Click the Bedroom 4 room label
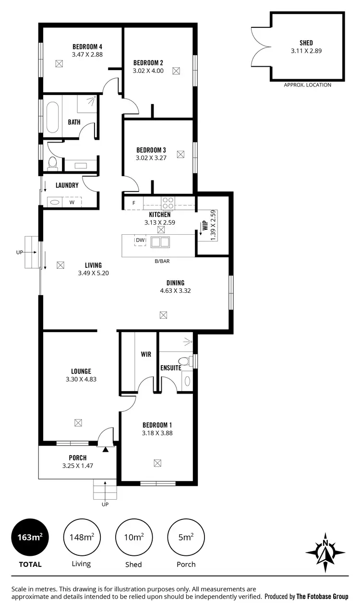click(87, 47)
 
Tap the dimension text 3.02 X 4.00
click(148, 71)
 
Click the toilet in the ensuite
click(184, 361)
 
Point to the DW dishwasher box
click(140, 240)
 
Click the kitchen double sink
click(160, 241)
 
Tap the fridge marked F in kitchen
click(134, 203)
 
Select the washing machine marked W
click(72, 203)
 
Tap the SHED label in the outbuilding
click(306, 43)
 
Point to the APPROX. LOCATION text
click(307, 85)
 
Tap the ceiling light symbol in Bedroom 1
click(157, 463)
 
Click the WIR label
click(146, 354)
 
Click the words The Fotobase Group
click(322, 597)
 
